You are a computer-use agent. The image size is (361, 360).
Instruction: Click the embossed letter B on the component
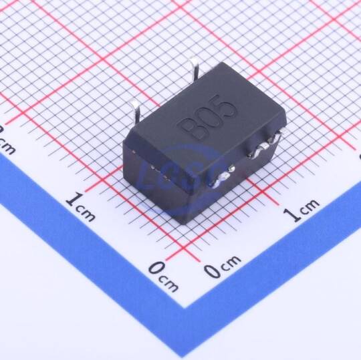[191, 128]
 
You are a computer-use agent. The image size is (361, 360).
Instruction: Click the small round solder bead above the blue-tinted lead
[231, 168]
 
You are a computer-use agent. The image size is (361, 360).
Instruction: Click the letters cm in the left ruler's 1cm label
[86, 213]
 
